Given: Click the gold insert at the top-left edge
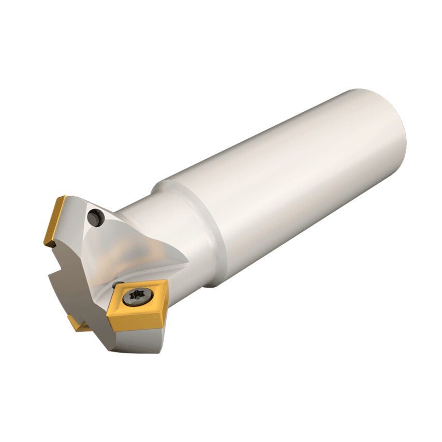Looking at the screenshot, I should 56,220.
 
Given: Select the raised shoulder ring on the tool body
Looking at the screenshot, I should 207,228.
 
